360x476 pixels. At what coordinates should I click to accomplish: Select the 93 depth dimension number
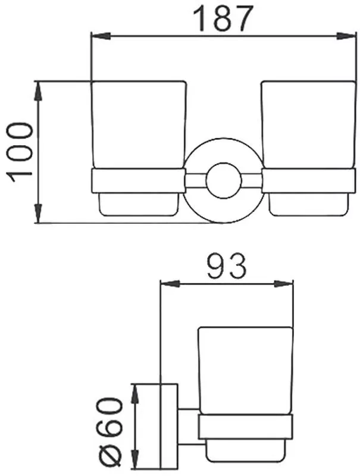(226, 267)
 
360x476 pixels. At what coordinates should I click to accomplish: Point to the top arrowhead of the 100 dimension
(39, 89)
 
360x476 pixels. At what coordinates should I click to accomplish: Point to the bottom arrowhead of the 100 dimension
(39, 215)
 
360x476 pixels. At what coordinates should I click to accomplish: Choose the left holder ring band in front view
(137, 181)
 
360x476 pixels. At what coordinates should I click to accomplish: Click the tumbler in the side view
(245, 369)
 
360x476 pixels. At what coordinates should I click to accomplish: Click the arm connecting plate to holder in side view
(189, 427)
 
